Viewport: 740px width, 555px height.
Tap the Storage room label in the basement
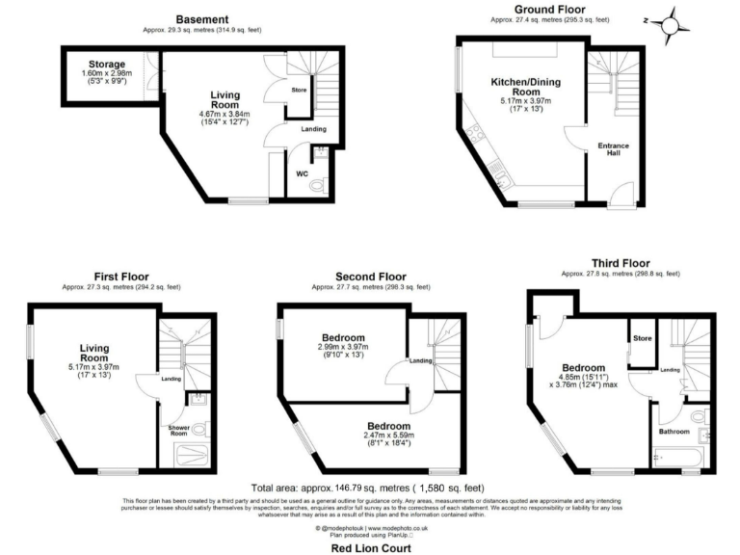click(x=107, y=64)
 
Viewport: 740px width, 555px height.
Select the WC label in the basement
click(x=302, y=174)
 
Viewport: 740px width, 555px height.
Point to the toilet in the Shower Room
click(x=198, y=430)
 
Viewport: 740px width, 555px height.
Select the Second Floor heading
click(x=372, y=276)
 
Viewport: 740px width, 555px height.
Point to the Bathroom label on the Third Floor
click(x=674, y=431)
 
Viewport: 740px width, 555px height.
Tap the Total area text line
click(x=370, y=489)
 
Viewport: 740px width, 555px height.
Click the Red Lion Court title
click(x=370, y=547)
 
